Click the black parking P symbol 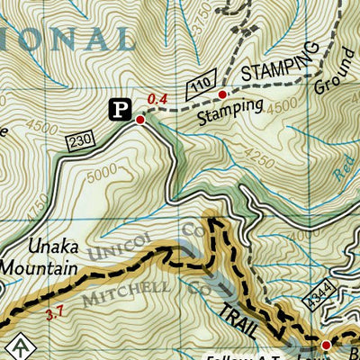tap(119, 109)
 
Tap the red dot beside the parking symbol tap(140, 119)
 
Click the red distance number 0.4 tap(158, 99)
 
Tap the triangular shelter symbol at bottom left tap(15, 347)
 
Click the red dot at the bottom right tap(327, 344)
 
